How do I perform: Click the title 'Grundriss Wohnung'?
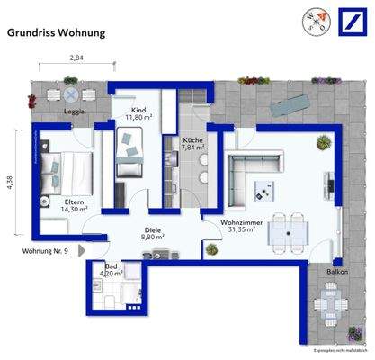57,33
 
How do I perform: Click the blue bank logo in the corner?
349,21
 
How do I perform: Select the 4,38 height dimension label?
10,183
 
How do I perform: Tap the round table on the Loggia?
70,94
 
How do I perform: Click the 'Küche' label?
192,141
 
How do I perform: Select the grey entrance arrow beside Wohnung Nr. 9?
81,249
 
